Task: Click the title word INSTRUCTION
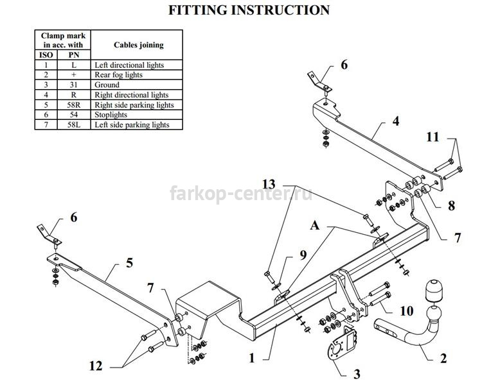point(280,10)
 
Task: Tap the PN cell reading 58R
point(74,105)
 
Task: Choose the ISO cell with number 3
point(46,85)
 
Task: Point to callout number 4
point(396,121)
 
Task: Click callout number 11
point(433,137)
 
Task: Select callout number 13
point(269,184)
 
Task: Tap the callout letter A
point(315,226)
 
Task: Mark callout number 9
point(303,255)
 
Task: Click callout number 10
point(407,311)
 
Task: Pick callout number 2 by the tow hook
point(443,358)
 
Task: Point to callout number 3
point(357,374)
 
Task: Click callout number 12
point(96,366)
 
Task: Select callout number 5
point(129,263)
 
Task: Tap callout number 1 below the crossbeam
point(252,358)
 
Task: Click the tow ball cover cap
point(433,291)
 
